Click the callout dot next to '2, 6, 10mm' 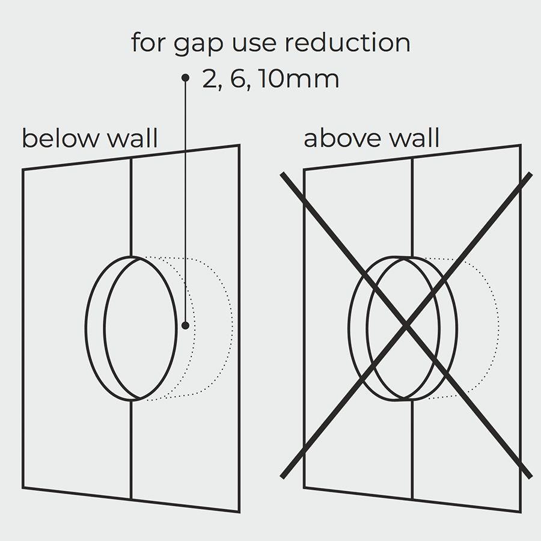pos(186,78)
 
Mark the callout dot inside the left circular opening pos(186,325)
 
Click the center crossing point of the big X pos(407,325)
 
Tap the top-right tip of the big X pos(531,174)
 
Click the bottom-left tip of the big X pos(283,477)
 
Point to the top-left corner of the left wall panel pos(23,170)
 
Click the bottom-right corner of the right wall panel pos(520,512)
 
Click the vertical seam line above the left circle pos(131,204)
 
